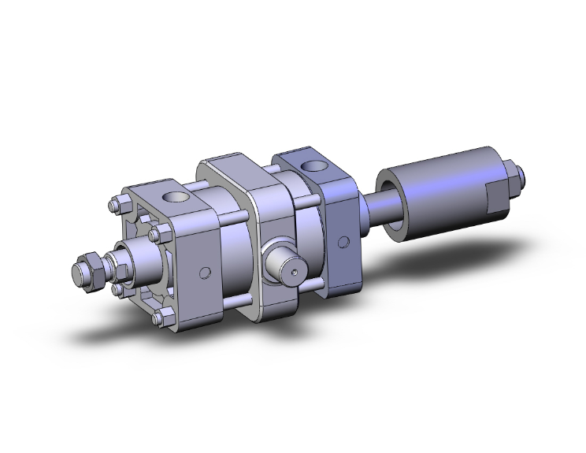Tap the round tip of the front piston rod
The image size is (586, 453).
coord(78,273)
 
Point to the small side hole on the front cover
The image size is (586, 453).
coord(205,273)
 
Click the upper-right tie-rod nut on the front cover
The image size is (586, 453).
coord(165,232)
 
